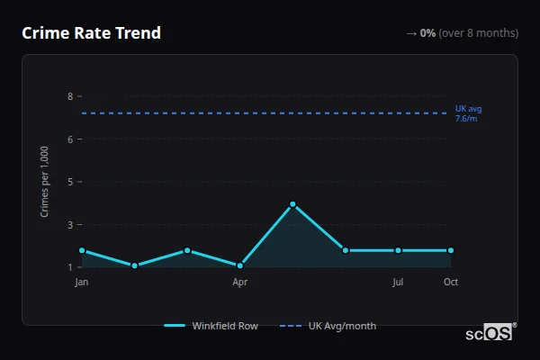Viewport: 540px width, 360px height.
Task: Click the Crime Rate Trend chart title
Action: click(x=91, y=33)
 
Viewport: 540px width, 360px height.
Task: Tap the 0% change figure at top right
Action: click(x=427, y=33)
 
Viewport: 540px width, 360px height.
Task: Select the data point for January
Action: click(x=82, y=250)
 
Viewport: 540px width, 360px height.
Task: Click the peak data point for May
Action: click(x=292, y=204)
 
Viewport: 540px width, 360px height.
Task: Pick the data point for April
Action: click(x=240, y=265)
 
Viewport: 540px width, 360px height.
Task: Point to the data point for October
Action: click(x=451, y=250)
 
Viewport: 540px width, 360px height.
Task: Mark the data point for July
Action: click(x=398, y=250)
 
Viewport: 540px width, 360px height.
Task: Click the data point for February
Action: click(x=135, y=265)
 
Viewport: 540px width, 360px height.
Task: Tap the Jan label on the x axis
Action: click(x=82, y=283)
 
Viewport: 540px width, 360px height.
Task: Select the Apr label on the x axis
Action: click(x=240, y=283)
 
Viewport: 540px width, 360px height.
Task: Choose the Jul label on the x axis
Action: click(x=398, y=283)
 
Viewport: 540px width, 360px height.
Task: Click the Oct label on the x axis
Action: click(x=451, y=283)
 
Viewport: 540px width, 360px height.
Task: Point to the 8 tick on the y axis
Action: click(x=70, y=96)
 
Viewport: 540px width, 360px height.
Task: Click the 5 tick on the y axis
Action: click(x=70, y=182)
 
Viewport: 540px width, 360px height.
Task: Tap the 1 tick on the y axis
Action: click(x=70, y=267)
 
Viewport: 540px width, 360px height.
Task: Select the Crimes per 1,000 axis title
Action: click(x=45, y=182)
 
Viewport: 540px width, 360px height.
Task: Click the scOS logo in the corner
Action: click(x=490, y=332)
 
